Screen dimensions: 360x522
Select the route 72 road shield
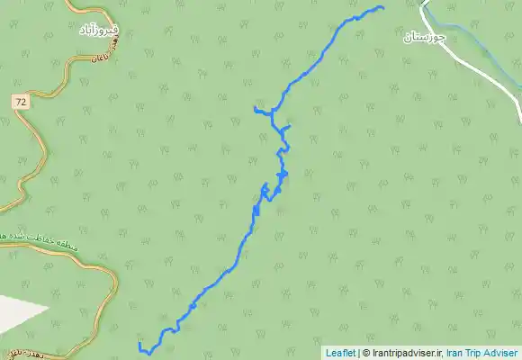click(x=20, y=103)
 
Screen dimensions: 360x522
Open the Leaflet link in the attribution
click(x=340, y=353)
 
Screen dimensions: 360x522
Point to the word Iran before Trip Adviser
click(x=459, y=353)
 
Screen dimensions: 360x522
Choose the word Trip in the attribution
click(x=480, y=353)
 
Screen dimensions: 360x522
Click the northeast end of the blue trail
click(x=382, y=8)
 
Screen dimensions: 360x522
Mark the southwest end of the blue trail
click(x=139, y=345)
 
